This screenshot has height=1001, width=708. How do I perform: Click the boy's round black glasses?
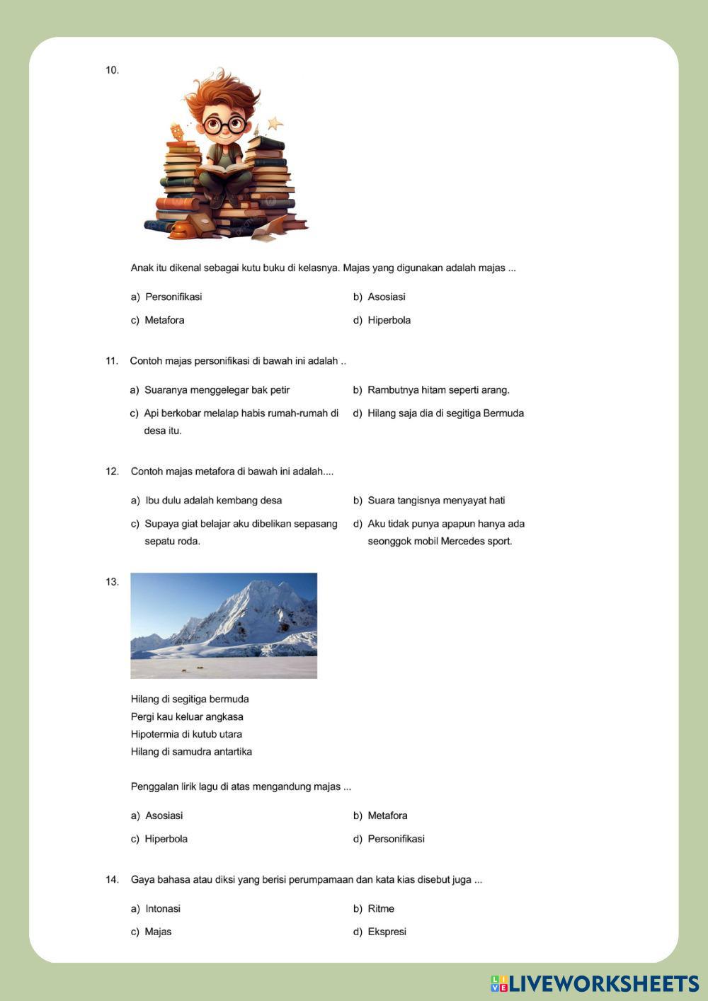(224, 125)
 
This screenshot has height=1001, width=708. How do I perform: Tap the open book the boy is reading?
(224, 170)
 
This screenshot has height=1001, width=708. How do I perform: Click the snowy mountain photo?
(224, 625)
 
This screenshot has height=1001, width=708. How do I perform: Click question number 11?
(112, 361)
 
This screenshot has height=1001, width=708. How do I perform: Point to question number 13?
(112, 582)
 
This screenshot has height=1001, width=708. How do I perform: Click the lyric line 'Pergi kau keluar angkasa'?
(187, 716)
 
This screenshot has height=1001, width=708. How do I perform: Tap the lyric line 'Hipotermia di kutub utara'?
(186, 734)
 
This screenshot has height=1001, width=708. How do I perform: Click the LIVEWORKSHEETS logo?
(595, 983)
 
